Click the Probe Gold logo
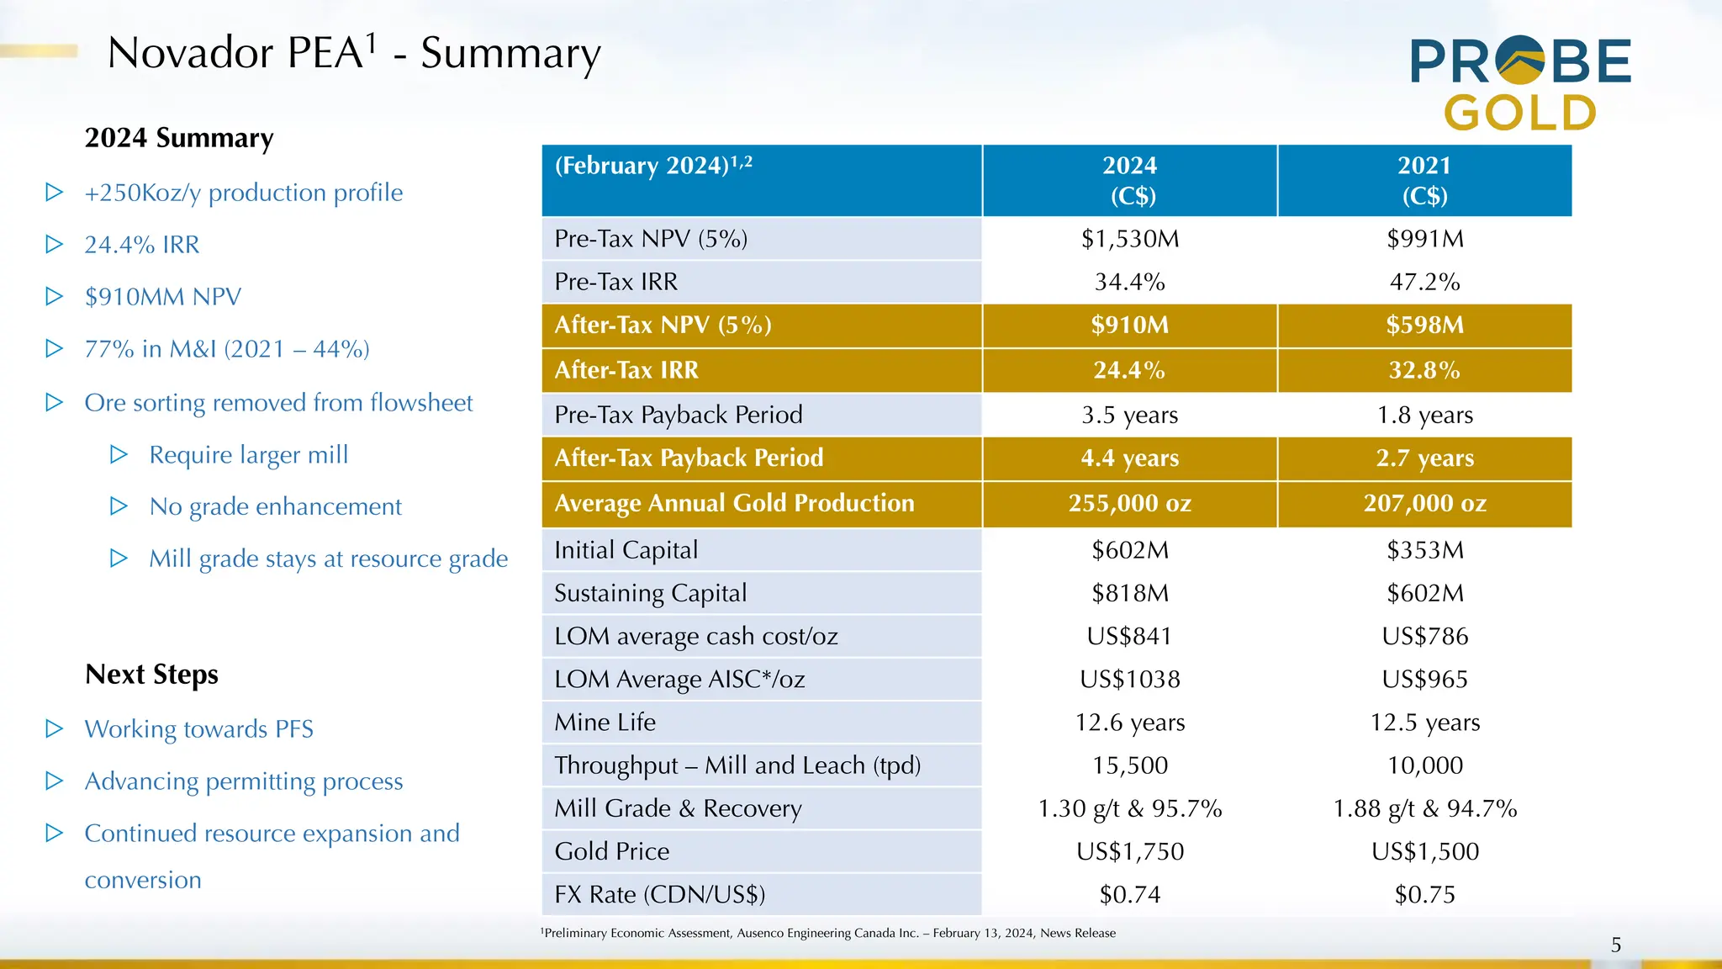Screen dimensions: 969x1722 [x=1520, y=84]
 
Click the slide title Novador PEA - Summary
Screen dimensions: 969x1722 [x=354, y=53]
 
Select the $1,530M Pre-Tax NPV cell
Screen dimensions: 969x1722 [x=1129, y=239]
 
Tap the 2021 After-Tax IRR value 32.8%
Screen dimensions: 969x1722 [x=1424, y=370]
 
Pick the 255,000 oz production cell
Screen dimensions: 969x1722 [x=1129, y=503]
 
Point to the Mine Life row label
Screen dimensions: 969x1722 [x=605, y=723]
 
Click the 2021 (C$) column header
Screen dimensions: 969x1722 [x=1424, y=180]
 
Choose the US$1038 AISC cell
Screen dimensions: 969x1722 [x=1129, y=679]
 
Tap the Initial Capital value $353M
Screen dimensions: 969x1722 [x=1424, y=550]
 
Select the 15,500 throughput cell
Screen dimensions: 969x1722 [x=1129, y=765]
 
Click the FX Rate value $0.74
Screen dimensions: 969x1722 [x=1129, y=894]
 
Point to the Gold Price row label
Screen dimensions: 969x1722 [x=611, y=851]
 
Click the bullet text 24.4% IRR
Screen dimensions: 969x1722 [x=142, y=245]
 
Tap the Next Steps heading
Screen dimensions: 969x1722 [x=151, y=675]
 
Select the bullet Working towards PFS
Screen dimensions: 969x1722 [x=198, y=728]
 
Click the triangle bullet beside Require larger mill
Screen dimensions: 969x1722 [x=119, y=455]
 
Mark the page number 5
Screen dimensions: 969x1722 [x=1615, y=945]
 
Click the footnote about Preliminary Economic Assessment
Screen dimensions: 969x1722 [x=828, y=933]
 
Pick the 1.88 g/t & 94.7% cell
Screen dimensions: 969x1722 [x=1424, y=808]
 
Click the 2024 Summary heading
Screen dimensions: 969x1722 [x=179, y=138]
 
